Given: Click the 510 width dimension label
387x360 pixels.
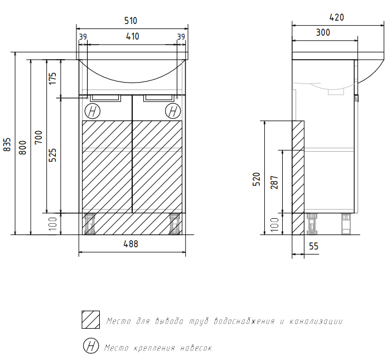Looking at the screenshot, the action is pyautogui.click(x=130, y=21).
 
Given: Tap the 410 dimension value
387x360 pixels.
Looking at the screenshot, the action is pyautogui.click(x=133, y=37).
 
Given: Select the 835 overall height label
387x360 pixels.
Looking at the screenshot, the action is pyautogui.click(x=7, y=145).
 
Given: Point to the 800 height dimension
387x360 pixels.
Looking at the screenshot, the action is pyautogui.click(x=22, y=147).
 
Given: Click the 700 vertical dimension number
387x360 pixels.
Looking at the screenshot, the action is pyautogui.click(x=38, y=137).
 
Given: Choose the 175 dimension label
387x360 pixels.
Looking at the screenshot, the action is pyautogui.click(x=52, y=79).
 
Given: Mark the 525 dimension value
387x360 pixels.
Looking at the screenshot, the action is pyautogui.click(x=52, y=155).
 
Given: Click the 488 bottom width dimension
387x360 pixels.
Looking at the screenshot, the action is pyautogui.click(x=131, y=244).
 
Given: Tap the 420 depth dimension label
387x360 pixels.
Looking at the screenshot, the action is pyautogui.click(x=337, y=17).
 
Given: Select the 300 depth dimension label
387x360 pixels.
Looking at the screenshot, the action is pyautogui.click(x=323, y=32).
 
